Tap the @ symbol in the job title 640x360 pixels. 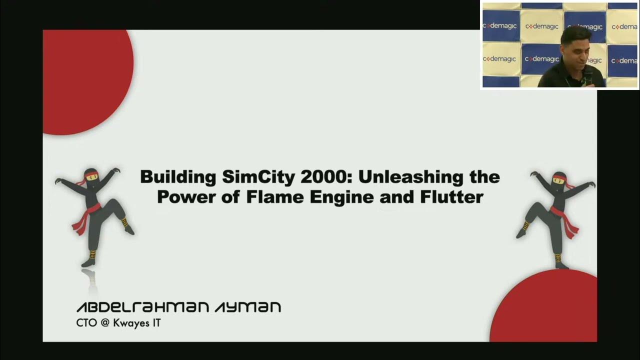[104, 323]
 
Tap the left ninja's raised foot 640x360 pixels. [128, 229]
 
